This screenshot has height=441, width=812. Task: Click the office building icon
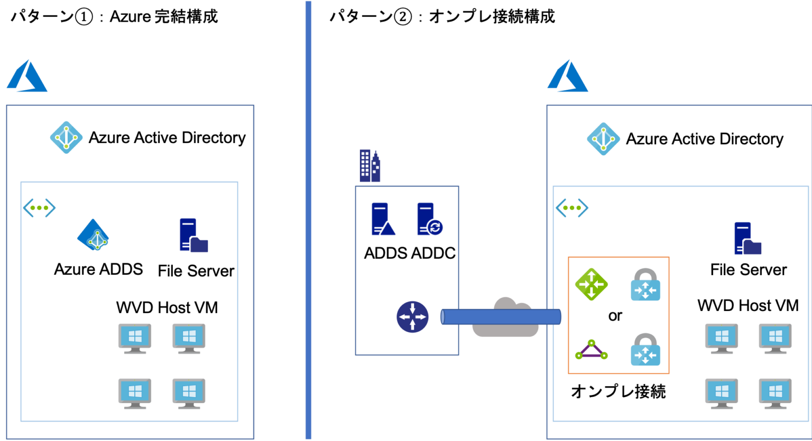[x=370, y=166]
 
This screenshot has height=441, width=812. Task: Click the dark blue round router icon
[x=412, y=317]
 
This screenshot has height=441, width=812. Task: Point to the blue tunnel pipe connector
[x=500, y=317]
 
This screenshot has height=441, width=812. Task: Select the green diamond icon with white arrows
[x=592, y=284]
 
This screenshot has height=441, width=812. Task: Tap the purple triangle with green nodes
[x=592, y=351]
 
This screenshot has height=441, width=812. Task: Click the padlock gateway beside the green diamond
[x=645, y=285]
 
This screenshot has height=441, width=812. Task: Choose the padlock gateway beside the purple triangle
[x=645, y=350]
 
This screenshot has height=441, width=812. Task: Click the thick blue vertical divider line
[x=308, y=220]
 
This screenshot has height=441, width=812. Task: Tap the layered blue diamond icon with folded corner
[x=94, y=235]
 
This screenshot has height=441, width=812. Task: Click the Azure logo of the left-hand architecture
[x=27, y=76]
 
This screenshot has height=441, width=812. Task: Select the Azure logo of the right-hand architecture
[x=567, y=76]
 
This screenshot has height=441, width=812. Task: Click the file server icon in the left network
[x=193, y=236]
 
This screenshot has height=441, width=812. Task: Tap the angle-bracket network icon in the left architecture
[x=39, y=208]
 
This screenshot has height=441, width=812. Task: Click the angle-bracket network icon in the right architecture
[x=571, y=208]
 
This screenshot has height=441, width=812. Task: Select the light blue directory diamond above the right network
[x=603, y=139]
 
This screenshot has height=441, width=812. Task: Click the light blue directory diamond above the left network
[x=66, y=137]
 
